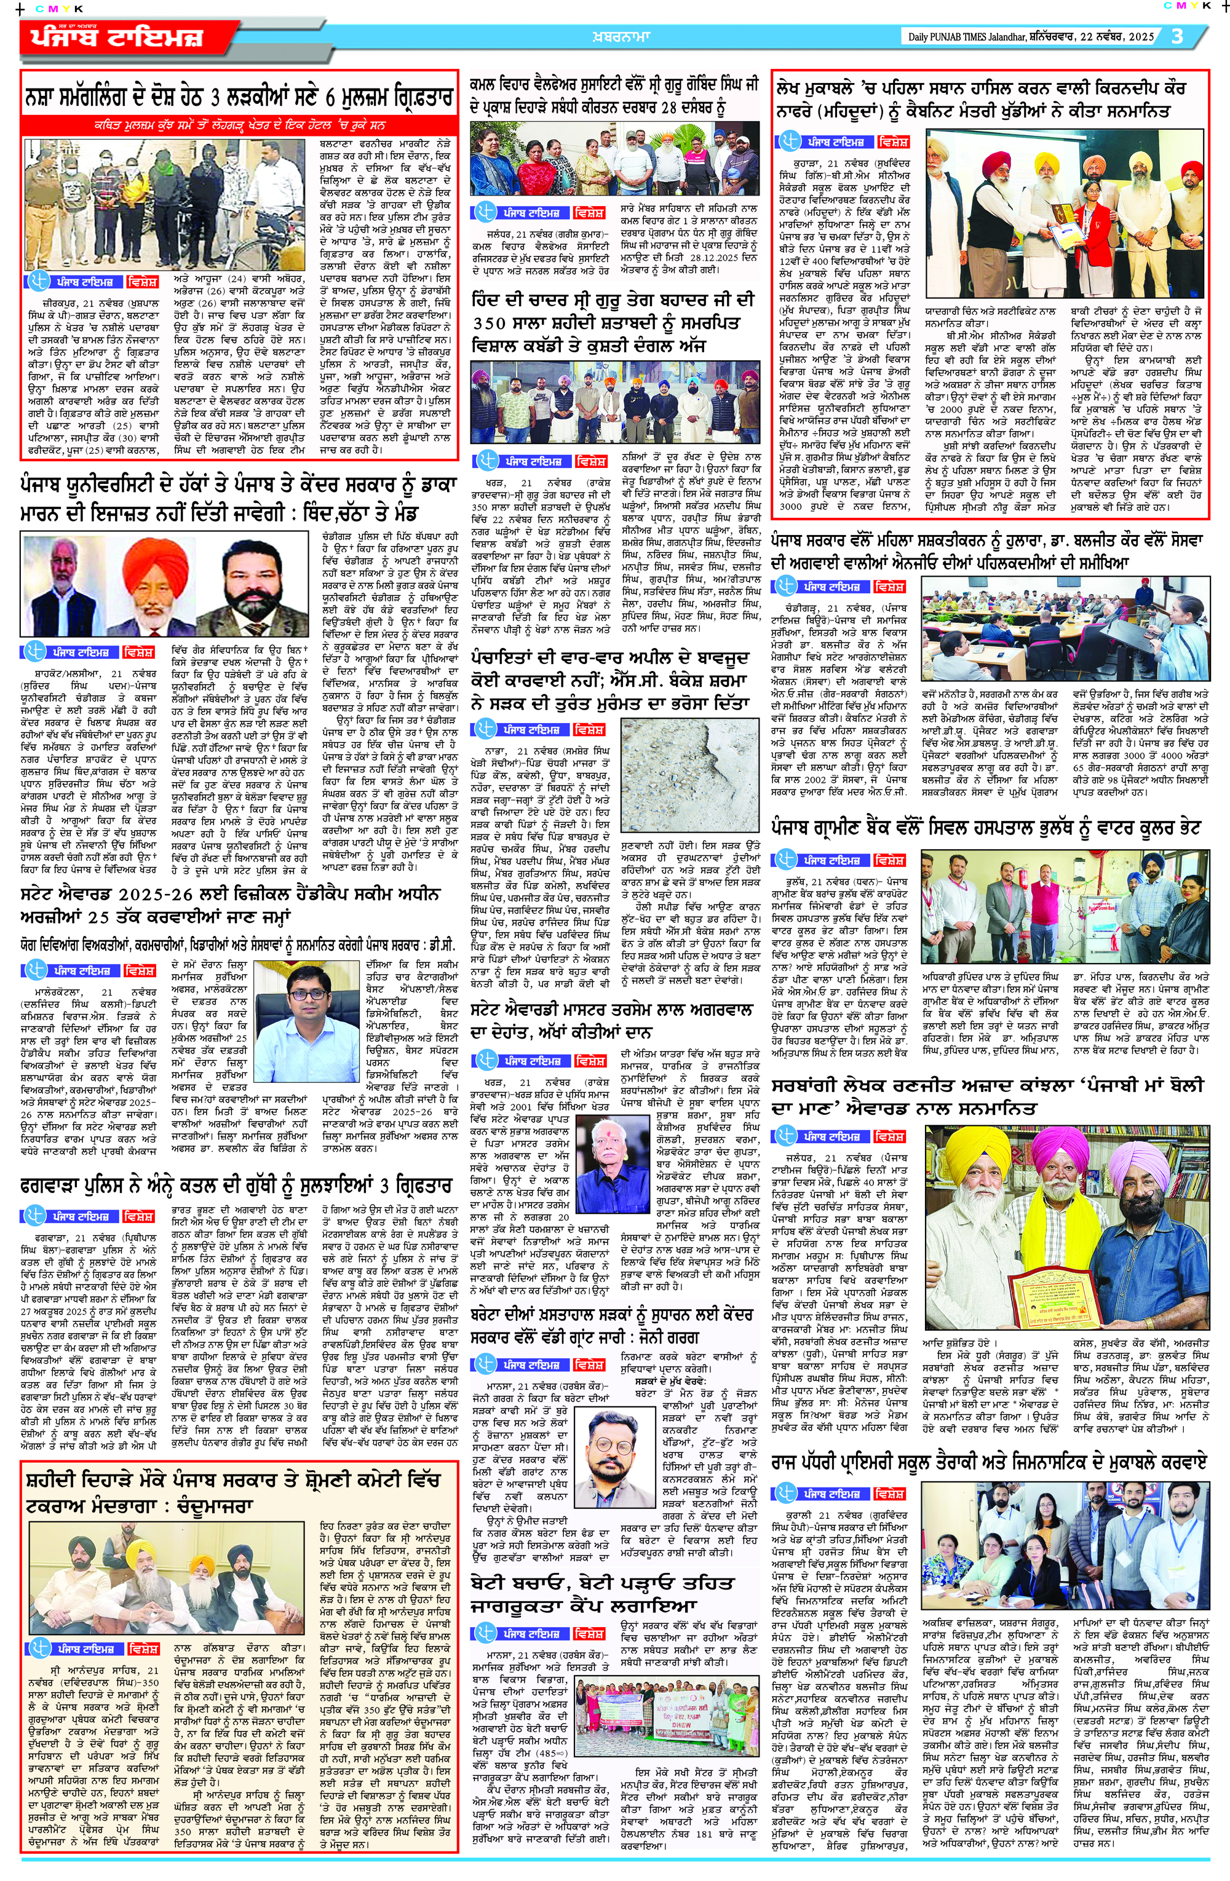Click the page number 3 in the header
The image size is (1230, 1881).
pyautogui.click(x=1178, y=37)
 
